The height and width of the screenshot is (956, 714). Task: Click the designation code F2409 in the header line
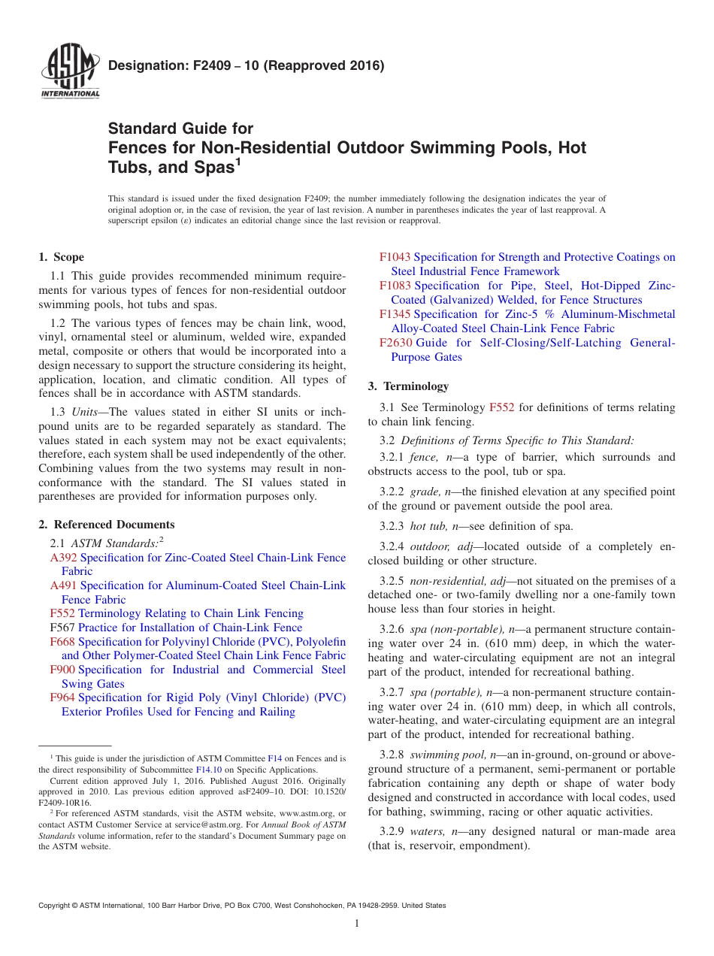point(192,65)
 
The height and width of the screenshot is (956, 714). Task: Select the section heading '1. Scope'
point(61,257)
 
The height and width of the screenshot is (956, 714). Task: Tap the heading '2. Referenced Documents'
point(106,525)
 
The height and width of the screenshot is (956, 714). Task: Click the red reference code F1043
point(395,257)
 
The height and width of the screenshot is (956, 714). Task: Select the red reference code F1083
point(395,286)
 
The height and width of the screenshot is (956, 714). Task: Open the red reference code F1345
point(395,314)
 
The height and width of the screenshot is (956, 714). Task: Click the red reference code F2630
point(395,343)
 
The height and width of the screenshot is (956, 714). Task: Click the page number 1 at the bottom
point(357,923)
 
